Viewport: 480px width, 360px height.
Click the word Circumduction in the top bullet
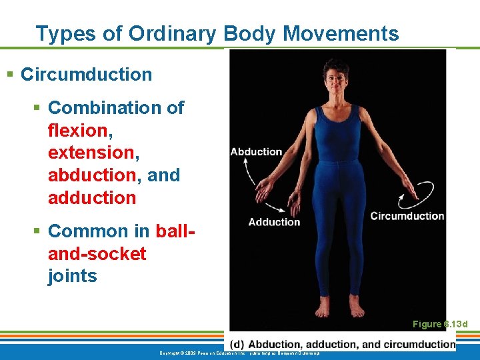tap(86, 74)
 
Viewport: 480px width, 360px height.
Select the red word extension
tap(91, 153)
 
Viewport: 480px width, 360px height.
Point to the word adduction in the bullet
tap(91, 198)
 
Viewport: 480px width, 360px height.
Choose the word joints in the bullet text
tap(72, 276)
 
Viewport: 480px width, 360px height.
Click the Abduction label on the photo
tap(256, 152)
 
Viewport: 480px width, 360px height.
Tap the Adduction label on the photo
tap(274, 222)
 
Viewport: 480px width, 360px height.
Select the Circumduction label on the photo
tap(407, 216)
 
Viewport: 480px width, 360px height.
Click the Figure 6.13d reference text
tap(440, 325)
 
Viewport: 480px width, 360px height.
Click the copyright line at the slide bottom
tap(240, 353)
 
